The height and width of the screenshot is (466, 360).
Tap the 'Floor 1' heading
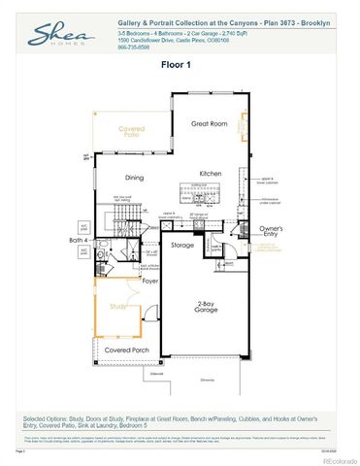[x=180, y=64]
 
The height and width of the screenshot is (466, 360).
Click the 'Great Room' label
[x=209, y=123]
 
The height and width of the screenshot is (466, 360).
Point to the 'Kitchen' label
[x=211, y=173]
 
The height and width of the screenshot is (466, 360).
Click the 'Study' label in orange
[x=118, y=306]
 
